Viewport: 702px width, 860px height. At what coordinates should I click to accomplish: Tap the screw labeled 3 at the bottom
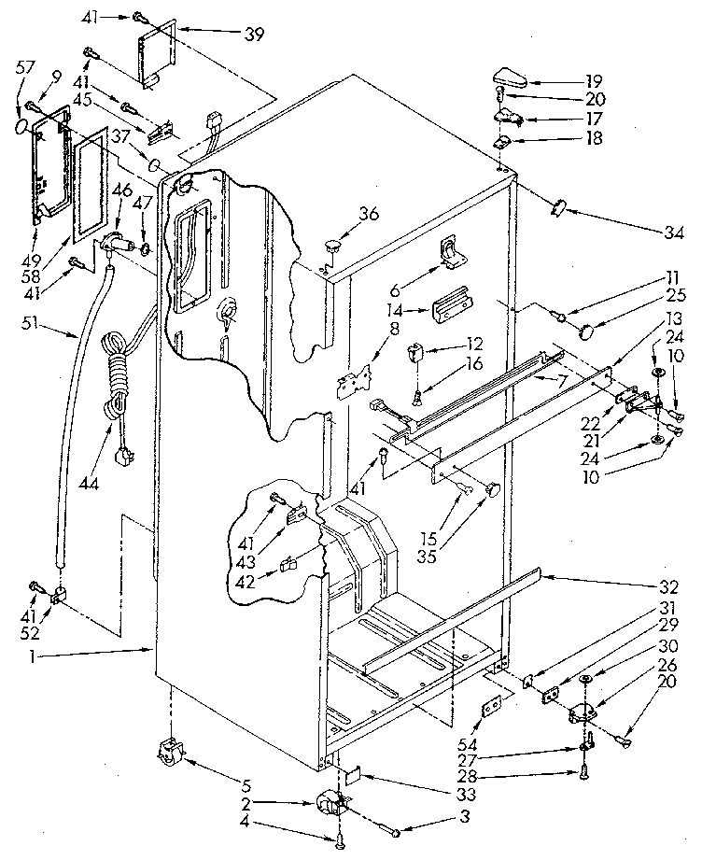tap(397, 831)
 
